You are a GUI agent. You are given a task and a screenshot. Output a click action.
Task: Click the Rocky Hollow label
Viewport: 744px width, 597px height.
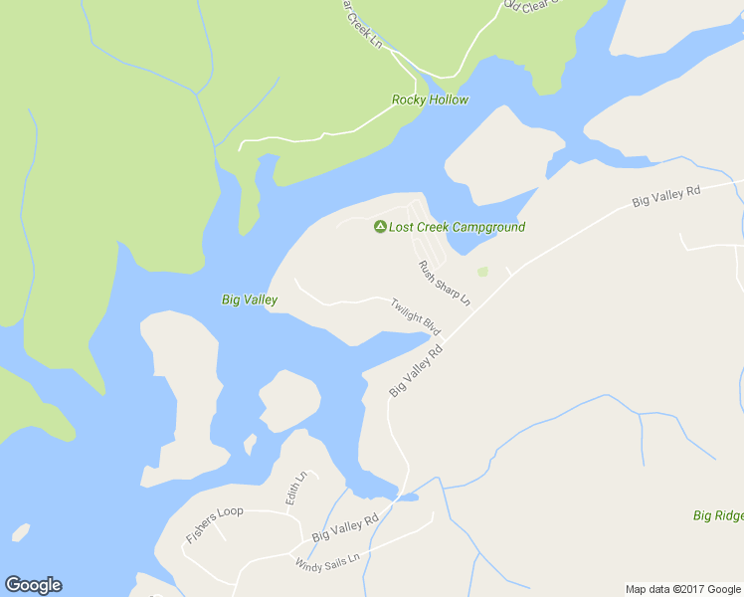tap(430, 99)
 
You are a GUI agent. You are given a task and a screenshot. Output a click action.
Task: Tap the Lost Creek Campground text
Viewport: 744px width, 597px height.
tap(457, 227)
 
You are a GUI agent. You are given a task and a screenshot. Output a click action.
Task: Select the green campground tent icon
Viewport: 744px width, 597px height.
tap(379, 227)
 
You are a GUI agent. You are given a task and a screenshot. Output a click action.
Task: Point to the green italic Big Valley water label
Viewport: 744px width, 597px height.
tap(249, 299)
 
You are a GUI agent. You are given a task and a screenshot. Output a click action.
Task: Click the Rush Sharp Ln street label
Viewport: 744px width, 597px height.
tap(444, 283)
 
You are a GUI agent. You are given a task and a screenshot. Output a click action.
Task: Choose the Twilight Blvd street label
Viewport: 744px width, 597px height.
tap(415, 316)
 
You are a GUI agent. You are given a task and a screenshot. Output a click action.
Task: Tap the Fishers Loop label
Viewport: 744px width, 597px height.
tap(214, 525)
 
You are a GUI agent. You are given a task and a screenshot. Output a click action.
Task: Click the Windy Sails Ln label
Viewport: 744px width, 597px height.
tap(331, 560)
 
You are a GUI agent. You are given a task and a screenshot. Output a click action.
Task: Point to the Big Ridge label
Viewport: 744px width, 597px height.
tap(718, 515)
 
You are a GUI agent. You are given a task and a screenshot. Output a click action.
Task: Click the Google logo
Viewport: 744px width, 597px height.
tap(33, 585)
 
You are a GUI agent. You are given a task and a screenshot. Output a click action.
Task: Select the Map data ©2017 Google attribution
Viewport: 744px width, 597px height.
tap(683, 589)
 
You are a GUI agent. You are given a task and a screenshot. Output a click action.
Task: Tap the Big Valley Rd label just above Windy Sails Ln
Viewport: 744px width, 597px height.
tap(345, 527)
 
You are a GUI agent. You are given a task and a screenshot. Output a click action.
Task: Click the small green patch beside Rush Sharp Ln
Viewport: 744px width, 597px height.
tap(482, 272)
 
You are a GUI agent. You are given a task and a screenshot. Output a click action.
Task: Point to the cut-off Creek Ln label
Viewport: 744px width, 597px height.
tap(363, 22)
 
